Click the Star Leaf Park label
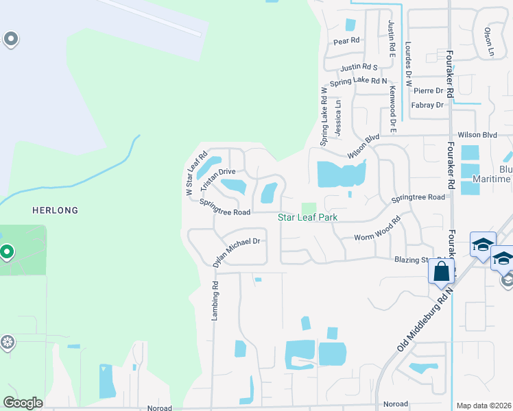tap(309, 218)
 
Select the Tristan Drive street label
tap(218, 180)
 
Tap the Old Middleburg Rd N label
tap(425, 321)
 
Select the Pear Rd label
tap(346, 41)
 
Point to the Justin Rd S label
tap(359, 67)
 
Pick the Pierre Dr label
tap(428, 90)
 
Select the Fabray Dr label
tap(427, 105)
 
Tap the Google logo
tap(23, 403)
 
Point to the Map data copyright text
tap(484, 406)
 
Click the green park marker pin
tap(7, 253)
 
